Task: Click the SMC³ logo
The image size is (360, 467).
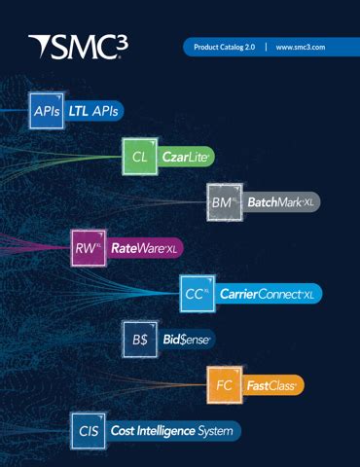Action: coord(78,46)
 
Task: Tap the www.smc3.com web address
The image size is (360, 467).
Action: coord(300,47)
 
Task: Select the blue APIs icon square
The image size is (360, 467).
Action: coord(46,111)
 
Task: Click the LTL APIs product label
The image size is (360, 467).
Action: coord(93,111)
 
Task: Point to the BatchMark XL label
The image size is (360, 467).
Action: coord(281,202)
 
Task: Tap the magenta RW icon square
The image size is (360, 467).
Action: coord(89,248)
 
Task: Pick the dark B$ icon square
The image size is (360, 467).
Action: coord(140,339)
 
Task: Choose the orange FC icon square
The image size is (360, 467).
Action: coord(224,384)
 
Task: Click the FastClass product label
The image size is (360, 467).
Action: coord(271,385)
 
